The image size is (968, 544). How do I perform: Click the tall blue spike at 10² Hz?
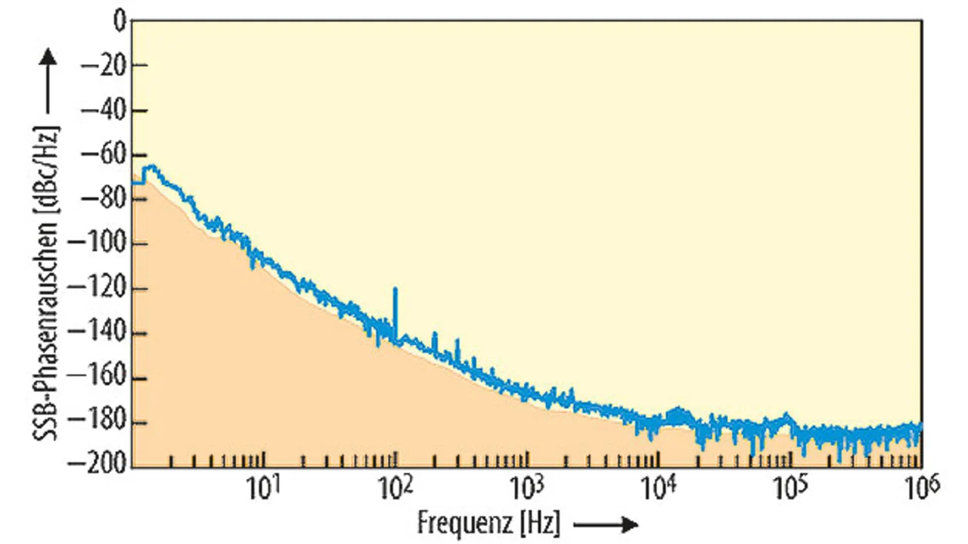point(395,303)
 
